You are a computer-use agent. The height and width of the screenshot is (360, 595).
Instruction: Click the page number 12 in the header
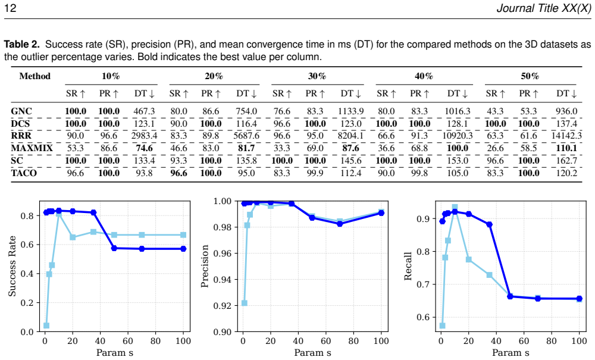[10, 8]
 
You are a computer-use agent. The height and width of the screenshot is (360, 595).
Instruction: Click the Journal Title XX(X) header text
[544, 8]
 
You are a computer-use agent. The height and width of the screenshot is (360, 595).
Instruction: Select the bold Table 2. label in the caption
[21, 45]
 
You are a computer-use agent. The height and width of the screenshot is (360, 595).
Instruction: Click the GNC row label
[21, 111]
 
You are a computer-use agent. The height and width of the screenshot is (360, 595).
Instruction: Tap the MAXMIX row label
[32, 148]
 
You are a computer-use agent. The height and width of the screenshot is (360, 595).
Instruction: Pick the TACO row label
[24, 173]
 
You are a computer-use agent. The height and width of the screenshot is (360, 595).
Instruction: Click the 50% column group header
[530, 76]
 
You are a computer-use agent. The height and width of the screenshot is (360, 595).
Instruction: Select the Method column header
[35, 76]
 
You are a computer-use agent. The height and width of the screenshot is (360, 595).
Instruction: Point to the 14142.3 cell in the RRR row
[566, 136]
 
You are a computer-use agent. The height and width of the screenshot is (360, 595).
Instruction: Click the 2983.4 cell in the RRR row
[144, 136]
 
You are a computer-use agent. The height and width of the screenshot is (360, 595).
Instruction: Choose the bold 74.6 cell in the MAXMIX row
[144, 148]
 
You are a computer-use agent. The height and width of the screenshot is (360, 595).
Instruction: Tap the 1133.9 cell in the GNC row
[351, 111]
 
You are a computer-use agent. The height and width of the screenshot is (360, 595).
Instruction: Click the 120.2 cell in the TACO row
[566, 173]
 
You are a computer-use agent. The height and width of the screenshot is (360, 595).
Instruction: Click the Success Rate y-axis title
[12, 267]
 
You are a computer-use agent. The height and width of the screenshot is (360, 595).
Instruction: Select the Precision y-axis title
[205, 267]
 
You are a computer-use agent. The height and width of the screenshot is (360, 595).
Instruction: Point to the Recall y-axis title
[408, 267]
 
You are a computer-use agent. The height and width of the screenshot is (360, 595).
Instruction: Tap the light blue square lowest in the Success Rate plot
[46, 325]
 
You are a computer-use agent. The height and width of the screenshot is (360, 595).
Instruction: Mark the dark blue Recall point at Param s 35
[490, 224]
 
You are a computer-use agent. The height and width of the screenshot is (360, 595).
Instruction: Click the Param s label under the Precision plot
[313, 353]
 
